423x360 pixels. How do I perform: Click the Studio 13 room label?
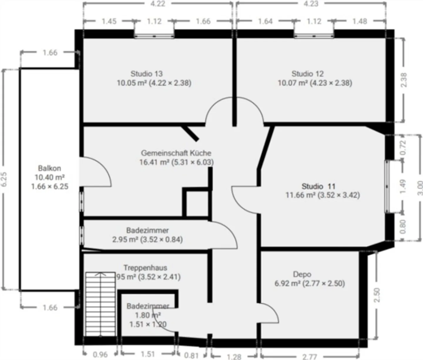(146, 74)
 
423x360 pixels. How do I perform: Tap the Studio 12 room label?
(307, 74)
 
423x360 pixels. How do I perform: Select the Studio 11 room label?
(318, 186)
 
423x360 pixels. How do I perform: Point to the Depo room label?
(302, 274)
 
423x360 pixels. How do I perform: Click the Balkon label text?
(49, 168)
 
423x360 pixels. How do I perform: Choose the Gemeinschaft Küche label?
(176, 153)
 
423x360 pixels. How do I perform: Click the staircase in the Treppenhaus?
(100, 304)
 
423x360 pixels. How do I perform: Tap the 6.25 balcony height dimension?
(4, 179)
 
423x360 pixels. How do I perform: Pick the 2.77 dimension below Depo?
(310, 356)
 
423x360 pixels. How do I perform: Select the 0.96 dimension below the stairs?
(100, 355)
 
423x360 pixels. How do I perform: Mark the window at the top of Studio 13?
(154, 36)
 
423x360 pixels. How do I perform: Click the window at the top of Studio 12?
(314, 36)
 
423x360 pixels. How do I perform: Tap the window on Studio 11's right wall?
(387, 186)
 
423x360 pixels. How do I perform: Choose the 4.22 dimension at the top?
(158, 4)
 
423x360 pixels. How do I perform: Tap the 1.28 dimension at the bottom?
(234, 356)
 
